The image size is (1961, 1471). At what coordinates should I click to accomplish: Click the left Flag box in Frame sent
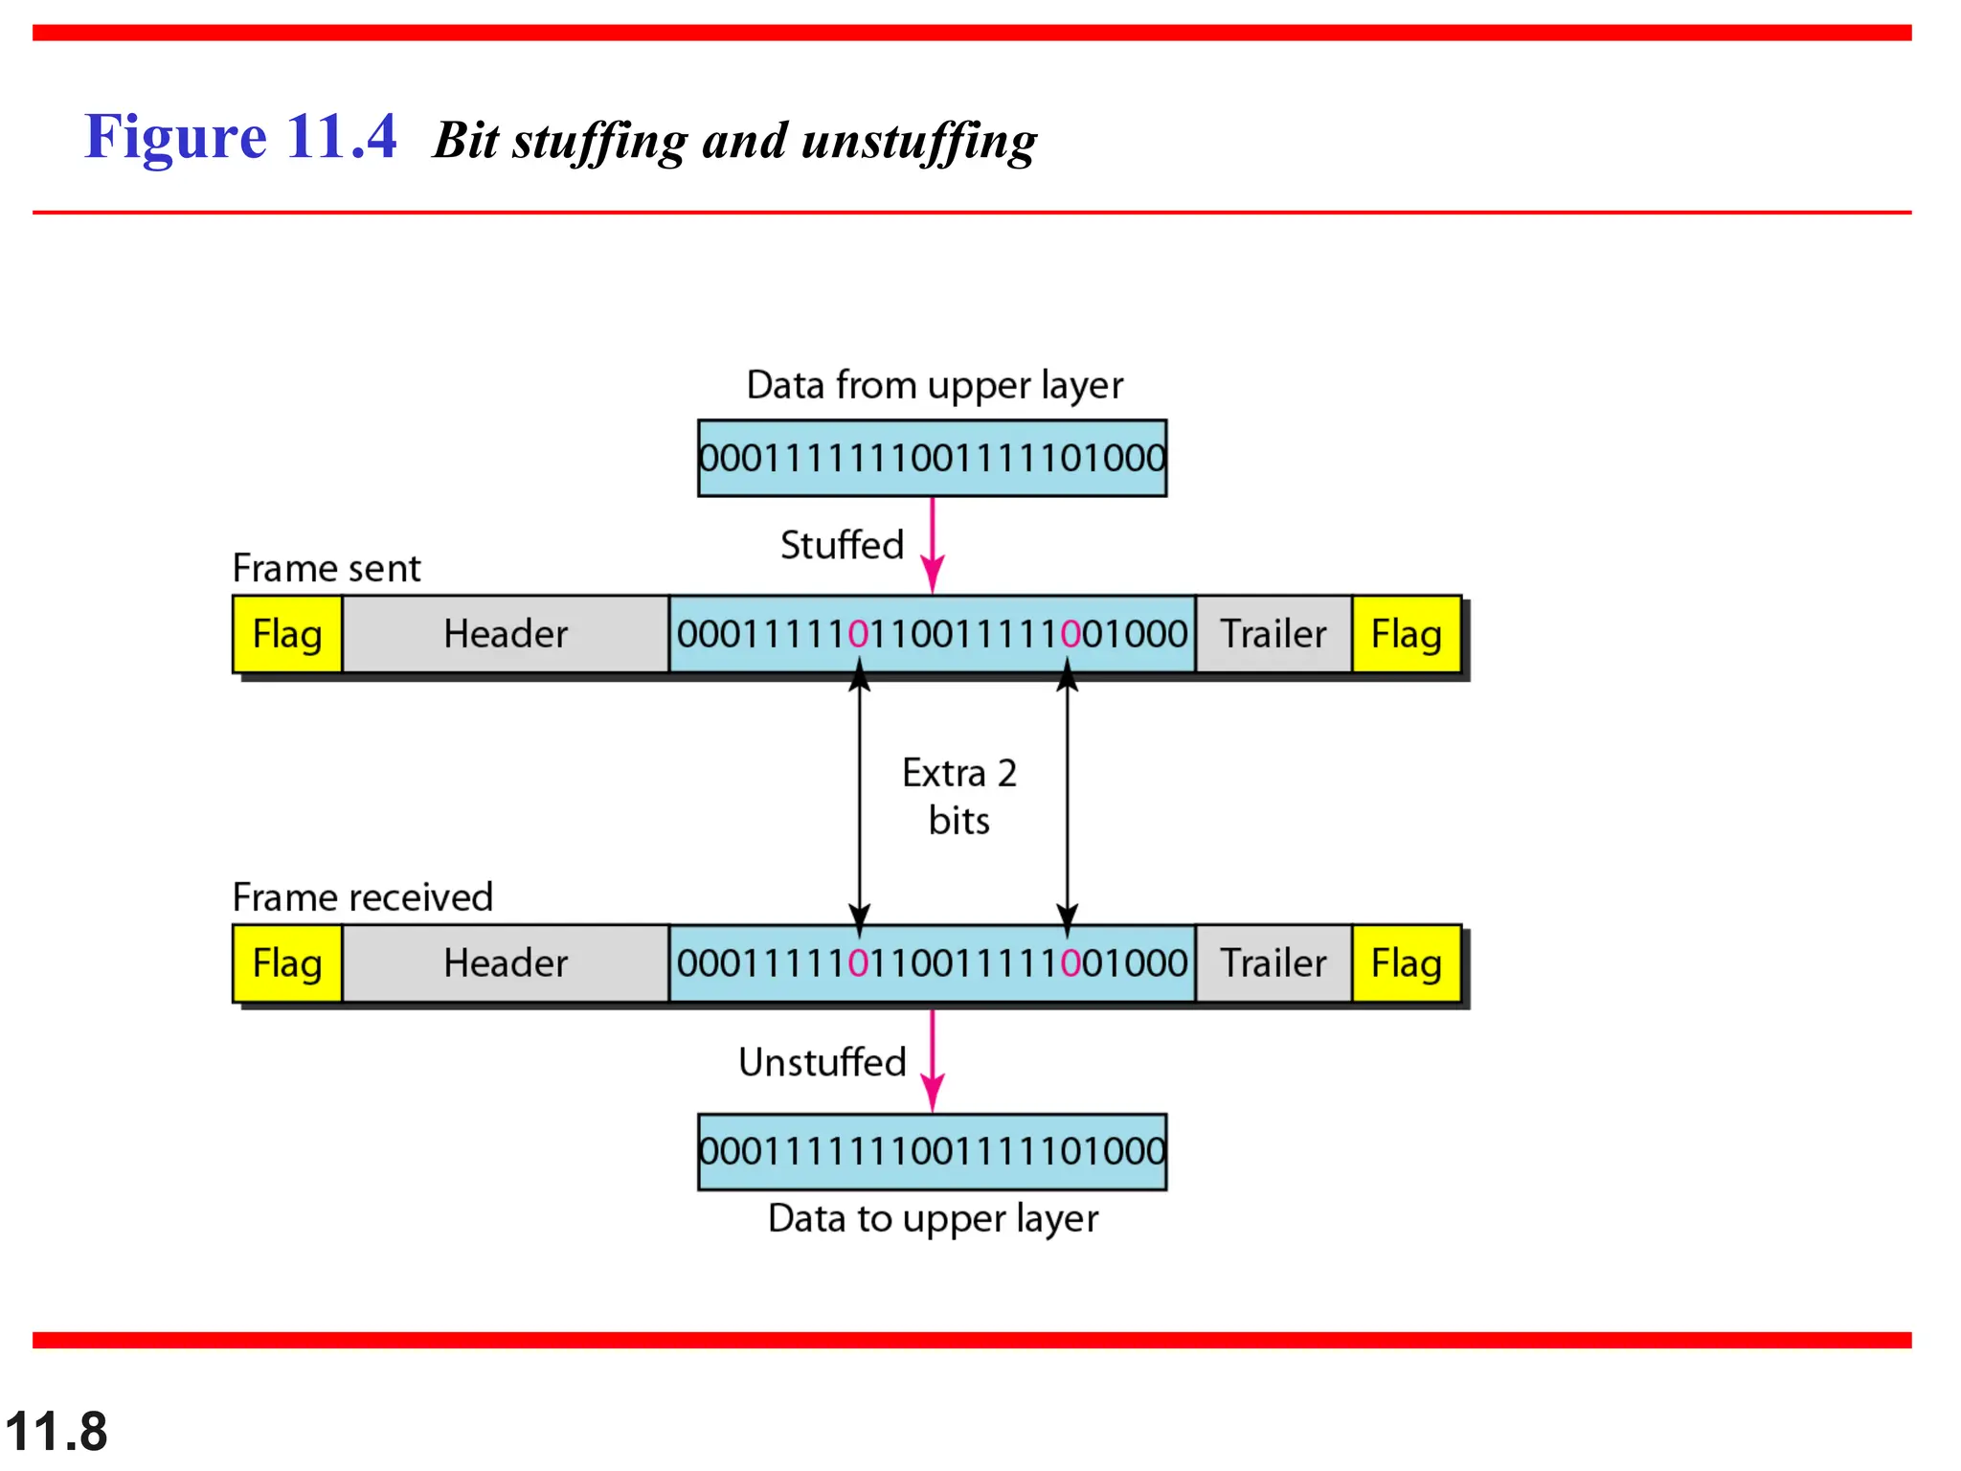point(287,634)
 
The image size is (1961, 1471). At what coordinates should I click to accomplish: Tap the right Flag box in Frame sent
point(1406,634)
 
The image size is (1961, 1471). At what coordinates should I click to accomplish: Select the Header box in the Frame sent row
point(506,634)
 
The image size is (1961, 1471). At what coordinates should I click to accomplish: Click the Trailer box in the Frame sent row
point(1274,634)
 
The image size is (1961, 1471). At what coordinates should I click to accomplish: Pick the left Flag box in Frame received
point(287,963)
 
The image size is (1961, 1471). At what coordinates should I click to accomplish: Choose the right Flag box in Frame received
point(1406,963)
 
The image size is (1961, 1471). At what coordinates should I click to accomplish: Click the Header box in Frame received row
point(506,963)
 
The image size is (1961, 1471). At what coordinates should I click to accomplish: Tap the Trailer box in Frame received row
point(1274,963)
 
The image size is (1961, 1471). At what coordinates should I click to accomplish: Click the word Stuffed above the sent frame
point(842,545)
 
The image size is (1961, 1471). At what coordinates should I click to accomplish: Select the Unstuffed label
point(823,1062)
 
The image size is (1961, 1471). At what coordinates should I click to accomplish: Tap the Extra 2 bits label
point(959,797)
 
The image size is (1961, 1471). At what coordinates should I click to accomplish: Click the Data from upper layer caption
point(935,385)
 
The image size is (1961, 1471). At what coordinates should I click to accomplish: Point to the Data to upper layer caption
point(933,1218)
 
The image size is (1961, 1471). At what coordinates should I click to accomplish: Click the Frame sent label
point(327,568)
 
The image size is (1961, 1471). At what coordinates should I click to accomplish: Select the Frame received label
point(362,897)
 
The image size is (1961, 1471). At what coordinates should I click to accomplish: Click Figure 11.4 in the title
point(240,136)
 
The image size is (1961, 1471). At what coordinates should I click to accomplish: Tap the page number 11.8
point(56,1432)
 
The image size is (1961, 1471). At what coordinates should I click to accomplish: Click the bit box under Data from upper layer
point(933,458)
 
